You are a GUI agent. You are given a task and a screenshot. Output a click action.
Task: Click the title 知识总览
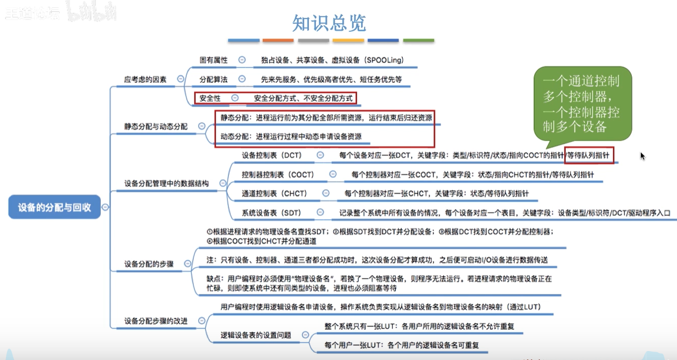[x=329, y=23]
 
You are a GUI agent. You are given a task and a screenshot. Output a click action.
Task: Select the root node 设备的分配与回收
[x=55, y=208]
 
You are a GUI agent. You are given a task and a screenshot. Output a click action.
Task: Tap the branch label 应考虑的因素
[x=146, y=79]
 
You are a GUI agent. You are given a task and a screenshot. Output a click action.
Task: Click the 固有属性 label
[x=214, y=60]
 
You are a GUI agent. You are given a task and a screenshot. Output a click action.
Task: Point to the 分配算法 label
[x=214, y=79]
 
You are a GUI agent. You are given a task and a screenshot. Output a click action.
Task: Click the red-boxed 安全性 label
[x=210, y=98]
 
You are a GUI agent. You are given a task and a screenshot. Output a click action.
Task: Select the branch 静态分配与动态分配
[x=156, y=126]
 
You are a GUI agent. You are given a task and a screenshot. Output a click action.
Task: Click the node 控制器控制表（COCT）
[x=278, y=175]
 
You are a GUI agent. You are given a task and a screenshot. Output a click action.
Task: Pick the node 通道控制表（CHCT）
[x=274, y=193]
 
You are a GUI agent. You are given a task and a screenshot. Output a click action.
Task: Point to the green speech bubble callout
[x=582, y=104]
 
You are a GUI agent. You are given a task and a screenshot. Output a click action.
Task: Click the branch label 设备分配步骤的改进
[x=156, y=321]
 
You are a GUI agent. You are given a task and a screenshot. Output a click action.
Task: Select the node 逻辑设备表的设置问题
[x=255, y=335]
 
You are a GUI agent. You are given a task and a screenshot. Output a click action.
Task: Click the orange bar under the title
[x=278, y=40]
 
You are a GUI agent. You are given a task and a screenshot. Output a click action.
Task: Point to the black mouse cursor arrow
[x=643, y=156]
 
